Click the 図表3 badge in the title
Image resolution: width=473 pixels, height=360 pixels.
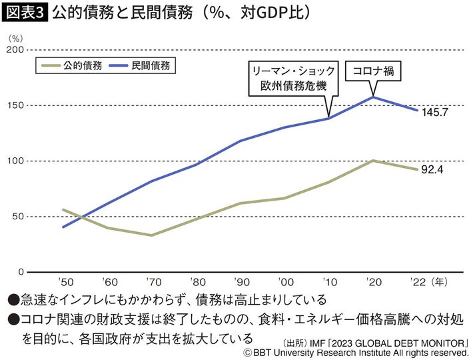click(25, 13)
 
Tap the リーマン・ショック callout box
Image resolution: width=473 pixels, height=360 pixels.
click(291, 78)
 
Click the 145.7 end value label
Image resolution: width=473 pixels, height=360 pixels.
click(434, 112)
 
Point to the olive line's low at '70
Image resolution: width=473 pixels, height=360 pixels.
click(153, 235)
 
